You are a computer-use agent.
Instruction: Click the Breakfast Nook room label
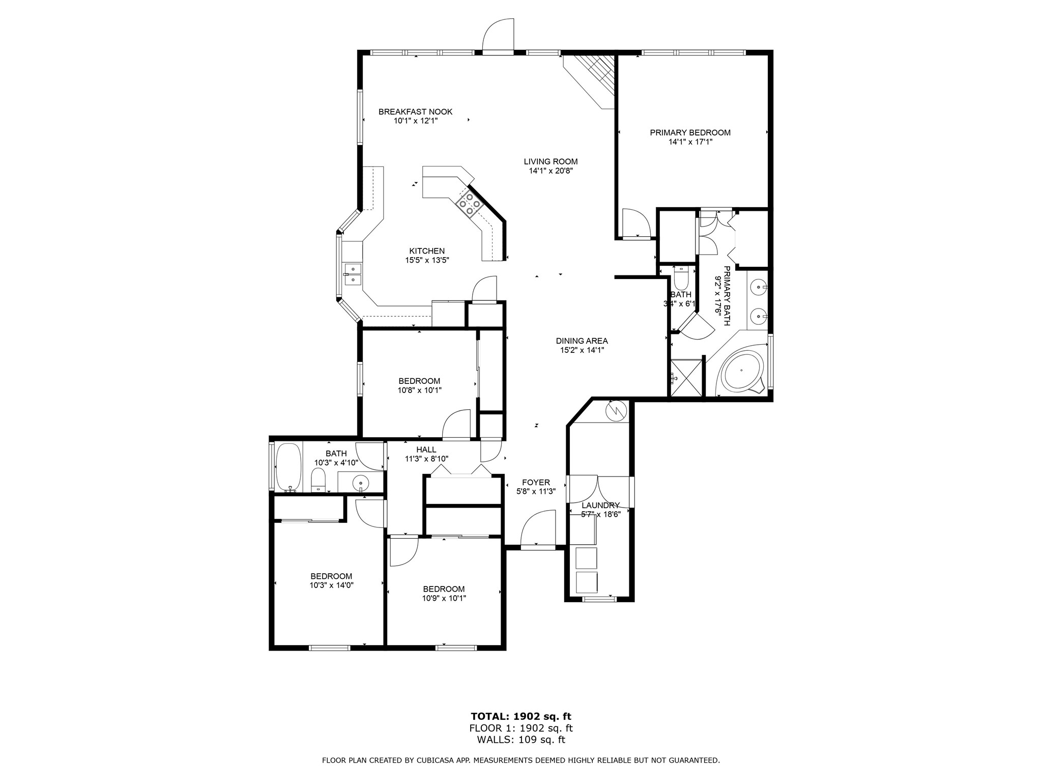[415, 112]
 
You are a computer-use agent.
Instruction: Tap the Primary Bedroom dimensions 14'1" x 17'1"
[690, 142]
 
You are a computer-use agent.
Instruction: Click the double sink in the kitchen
[352, 274]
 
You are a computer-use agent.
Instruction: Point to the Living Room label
[551, 162]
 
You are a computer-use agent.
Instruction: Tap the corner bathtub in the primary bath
[742, 371]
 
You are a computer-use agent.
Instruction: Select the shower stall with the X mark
[686, 378]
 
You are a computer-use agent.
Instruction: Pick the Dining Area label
[582, 341]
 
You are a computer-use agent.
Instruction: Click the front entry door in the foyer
[537, 529]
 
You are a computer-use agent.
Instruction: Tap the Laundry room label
[600, 506]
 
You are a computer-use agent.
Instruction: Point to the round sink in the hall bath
[361, 481]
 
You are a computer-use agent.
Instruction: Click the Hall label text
[426, 450]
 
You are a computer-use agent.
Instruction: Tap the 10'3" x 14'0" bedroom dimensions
[331, 585]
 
